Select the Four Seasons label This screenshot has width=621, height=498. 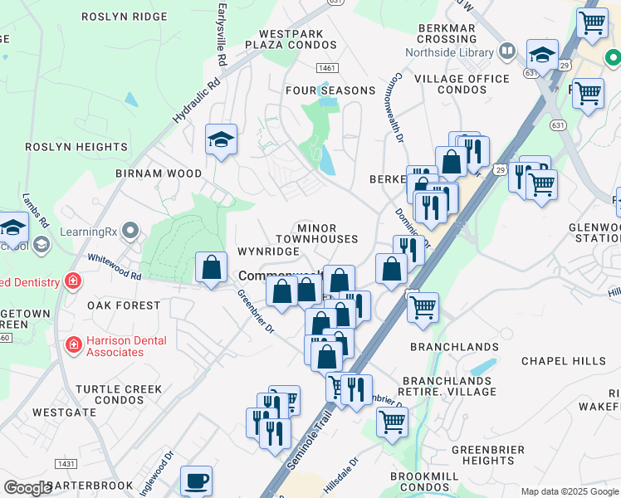(330, 90)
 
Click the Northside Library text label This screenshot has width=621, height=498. (448, 52)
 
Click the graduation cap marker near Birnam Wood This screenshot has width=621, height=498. (222, 140)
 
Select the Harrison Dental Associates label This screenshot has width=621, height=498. (128, 346)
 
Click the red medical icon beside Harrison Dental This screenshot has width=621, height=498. (74, 342)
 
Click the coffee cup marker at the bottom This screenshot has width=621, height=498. (196, 481)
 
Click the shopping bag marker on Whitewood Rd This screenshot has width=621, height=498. (212, 267)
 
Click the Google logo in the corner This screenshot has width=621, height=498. (27, 488)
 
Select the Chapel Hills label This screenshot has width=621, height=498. (564, 361)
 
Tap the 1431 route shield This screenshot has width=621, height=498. (66, 463)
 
